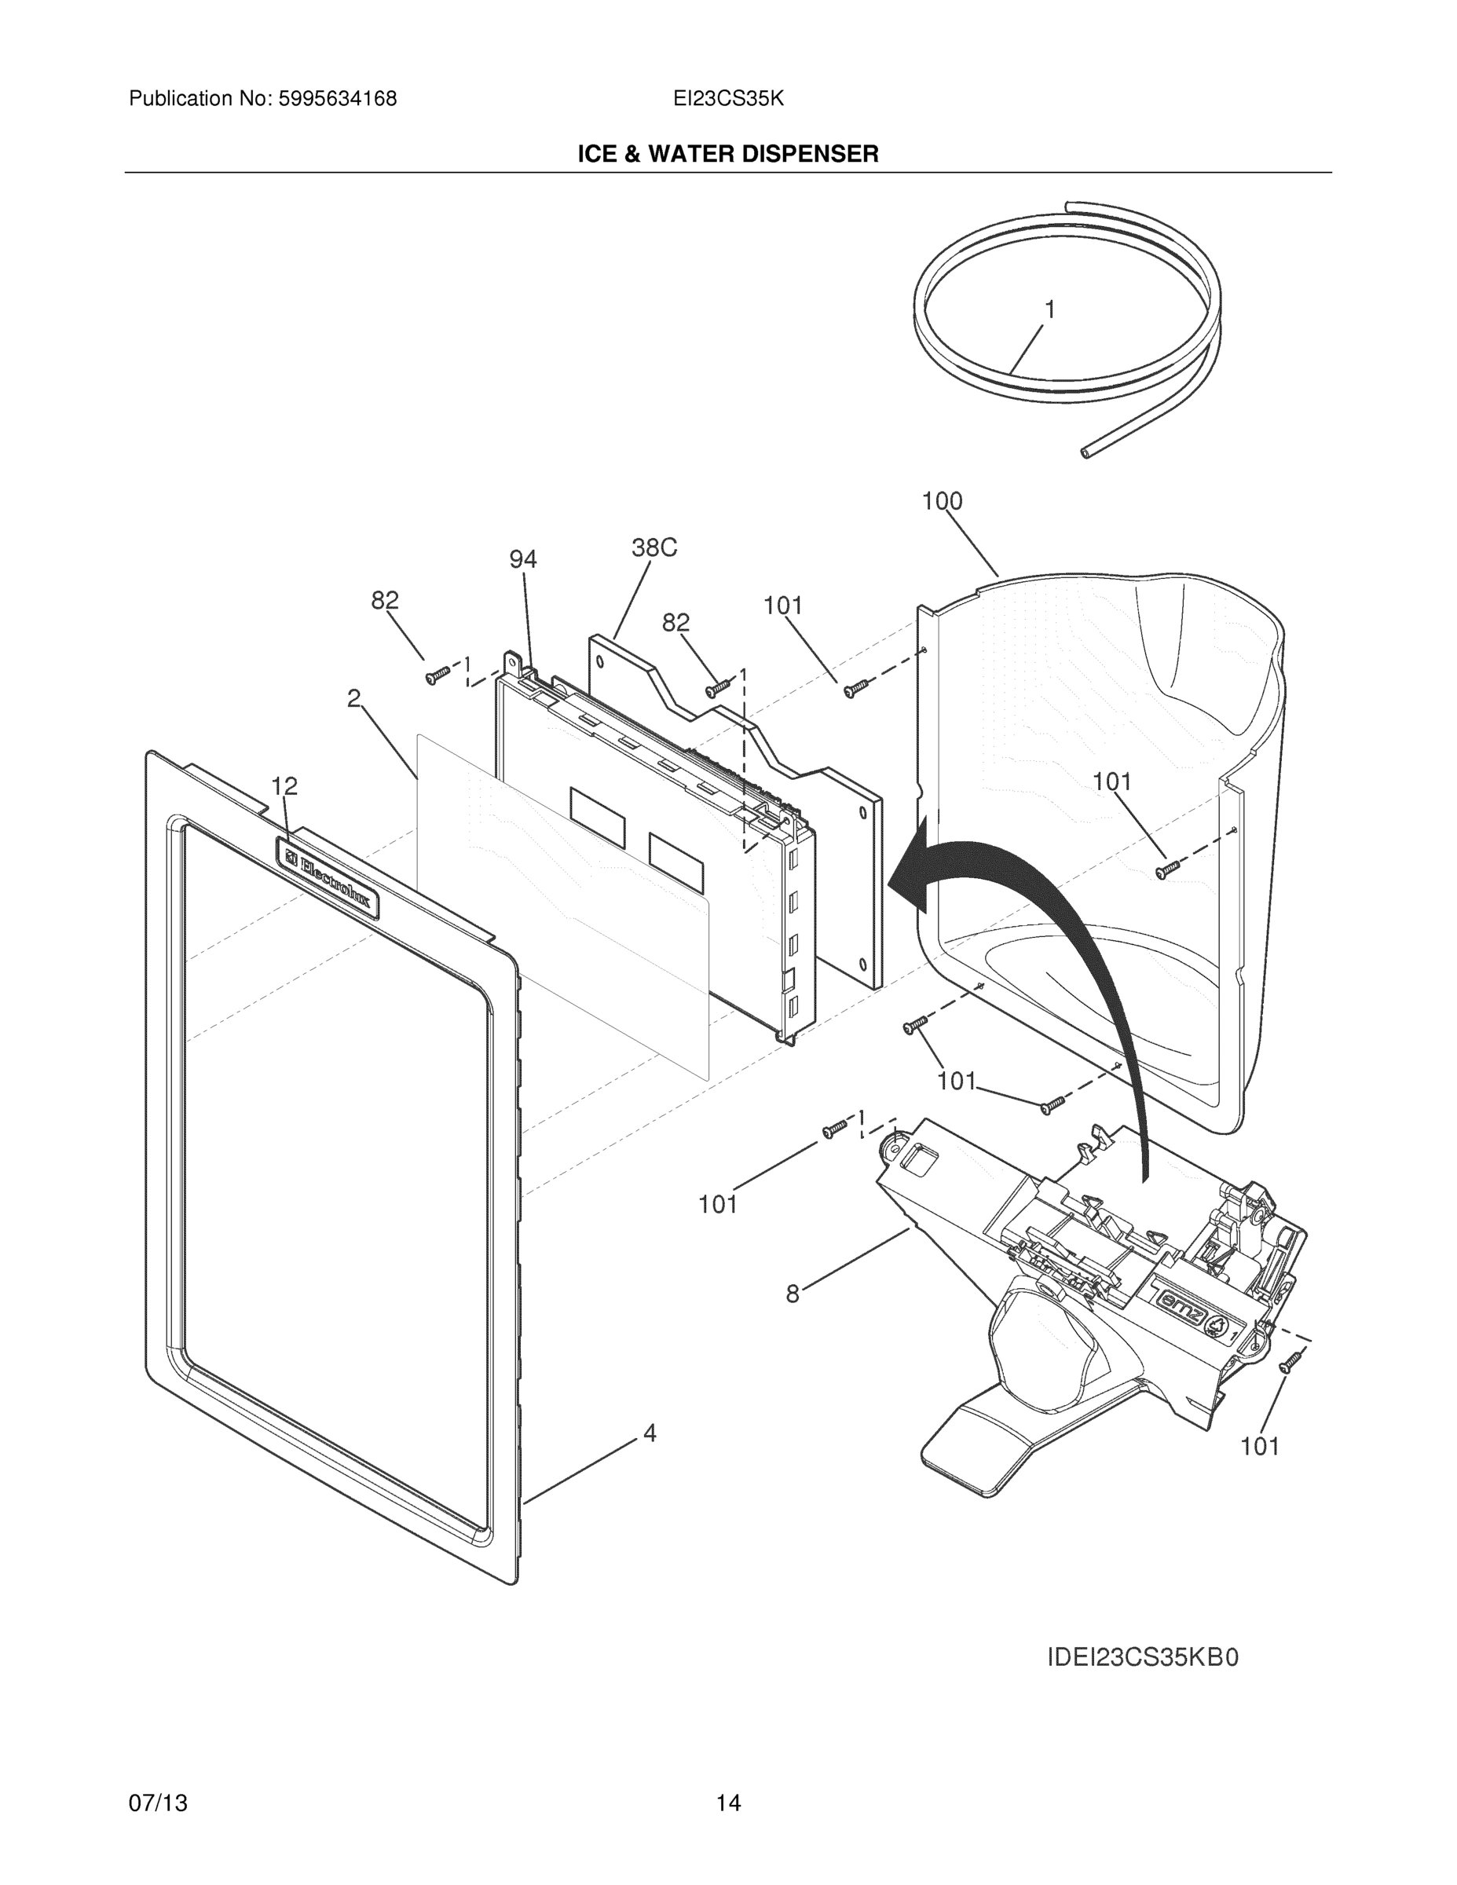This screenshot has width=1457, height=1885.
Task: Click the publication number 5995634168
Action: tap(338, 99)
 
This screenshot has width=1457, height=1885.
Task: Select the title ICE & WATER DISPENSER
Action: tap(727, 155)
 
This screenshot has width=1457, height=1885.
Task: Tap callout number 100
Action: tap(942, 500)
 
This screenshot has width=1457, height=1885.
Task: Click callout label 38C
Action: tap(653, 547)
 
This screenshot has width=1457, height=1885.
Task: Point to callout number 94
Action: tap(522, 560)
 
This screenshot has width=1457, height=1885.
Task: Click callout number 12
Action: tap(284, 786)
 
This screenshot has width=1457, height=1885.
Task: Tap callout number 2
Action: tap(354, 698)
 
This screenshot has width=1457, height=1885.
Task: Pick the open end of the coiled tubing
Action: tap(1085, 452)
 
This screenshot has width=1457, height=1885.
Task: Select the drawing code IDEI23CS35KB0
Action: tap(1143, 1658)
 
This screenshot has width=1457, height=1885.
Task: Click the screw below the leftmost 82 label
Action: tap(438, 675)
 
